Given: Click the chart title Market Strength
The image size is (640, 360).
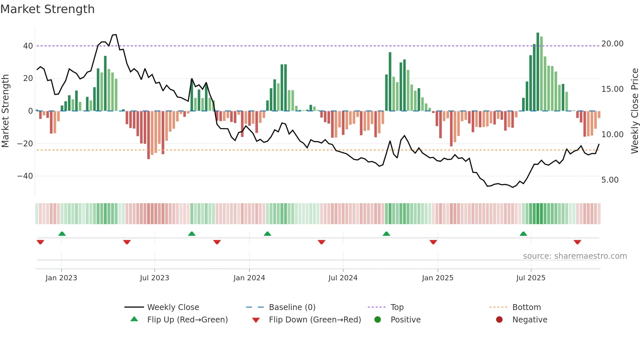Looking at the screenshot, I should tap(47, 9).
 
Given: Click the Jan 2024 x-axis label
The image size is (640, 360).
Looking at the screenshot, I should tap(249, 278).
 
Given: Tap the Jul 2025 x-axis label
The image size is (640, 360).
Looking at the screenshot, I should tap(531, 278).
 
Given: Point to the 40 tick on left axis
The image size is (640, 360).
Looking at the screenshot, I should tap(28, 46).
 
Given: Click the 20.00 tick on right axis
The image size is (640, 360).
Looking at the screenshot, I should tap(612, 44).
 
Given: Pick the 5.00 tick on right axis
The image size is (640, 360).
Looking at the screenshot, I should tap(610, 180).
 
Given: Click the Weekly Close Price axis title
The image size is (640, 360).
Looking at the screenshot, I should tap(634, 111).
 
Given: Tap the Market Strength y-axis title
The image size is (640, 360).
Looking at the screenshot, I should tap(6, 111).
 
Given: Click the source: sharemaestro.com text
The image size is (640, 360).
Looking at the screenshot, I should tap(575, 256).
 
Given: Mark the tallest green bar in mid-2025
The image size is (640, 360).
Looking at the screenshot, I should tap(537, 72).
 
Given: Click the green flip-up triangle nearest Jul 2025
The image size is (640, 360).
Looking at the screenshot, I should tap(523, 234).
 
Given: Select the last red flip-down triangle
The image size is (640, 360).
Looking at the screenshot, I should tap(577, 242).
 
